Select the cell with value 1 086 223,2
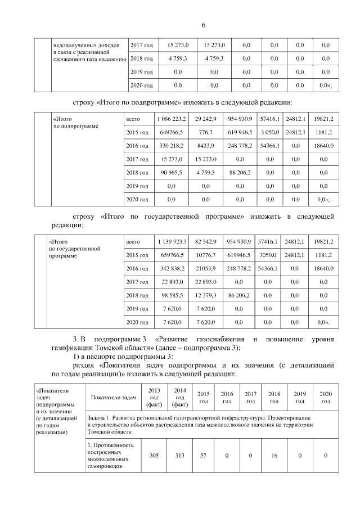pos(171,119)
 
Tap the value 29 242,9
pos(205,119)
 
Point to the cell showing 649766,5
pos(171,133)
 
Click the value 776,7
pos(205,133)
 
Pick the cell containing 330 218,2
pos(171,146)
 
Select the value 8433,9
pos(205,146)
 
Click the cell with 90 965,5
pos(171,173)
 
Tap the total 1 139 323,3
pos(172,241)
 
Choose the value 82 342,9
pos(206,241)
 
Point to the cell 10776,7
pos(206,255)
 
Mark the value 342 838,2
pos(172,268)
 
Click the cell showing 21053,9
pos(206,268)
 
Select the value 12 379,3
pos(206,295)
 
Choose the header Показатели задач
pos(112,397)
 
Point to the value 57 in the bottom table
pos(204,455)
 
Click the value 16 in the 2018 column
pos(274,455)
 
